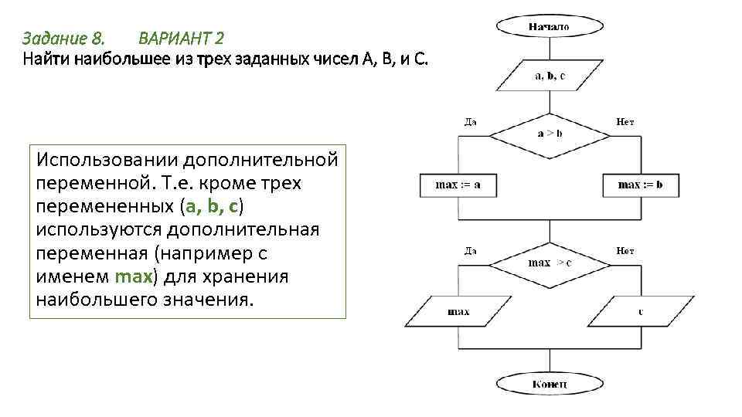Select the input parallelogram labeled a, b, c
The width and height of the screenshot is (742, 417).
(x=550, y=76)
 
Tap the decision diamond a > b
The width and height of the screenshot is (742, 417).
(x=550, y=134)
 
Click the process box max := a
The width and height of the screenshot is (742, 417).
(x=458, y=185)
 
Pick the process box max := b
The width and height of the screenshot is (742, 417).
(x=640, y=185)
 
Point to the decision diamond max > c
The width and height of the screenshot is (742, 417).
(x=550, y=263)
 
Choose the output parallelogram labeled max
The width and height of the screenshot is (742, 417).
(x=458, y=312)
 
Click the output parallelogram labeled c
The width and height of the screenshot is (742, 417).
(x=640, y=312)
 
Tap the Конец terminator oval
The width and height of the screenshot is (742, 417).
(x=550, y=384)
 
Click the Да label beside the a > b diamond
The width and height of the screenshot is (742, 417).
(x=470, y=121)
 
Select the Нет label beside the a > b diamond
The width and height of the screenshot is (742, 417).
(x=625, y=121)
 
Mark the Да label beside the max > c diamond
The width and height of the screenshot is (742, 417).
(x=470, y=250)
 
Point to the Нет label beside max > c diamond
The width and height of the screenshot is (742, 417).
(x=625, y=250)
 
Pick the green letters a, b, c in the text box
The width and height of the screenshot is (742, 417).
(x=214, y=207)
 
